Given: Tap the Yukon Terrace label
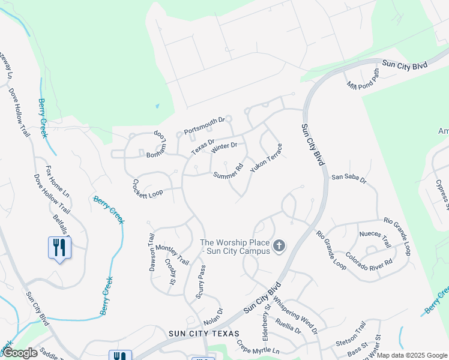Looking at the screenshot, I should click(266, 158).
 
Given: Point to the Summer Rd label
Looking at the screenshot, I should click(228, 171).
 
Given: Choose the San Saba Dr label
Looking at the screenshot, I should click(349, 178).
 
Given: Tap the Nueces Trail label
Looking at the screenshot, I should click(375, 239).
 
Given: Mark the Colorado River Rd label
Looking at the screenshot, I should click(372, 254).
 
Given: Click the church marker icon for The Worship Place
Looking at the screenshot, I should click(279, 245).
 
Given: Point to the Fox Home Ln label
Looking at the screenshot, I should click(58, 182).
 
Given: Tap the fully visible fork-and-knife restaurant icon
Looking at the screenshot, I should click(59, 248).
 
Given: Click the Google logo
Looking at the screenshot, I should click(20, 353).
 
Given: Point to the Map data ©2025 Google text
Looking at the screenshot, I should click(412, 355).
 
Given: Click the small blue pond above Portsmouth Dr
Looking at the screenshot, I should click(157, 106).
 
